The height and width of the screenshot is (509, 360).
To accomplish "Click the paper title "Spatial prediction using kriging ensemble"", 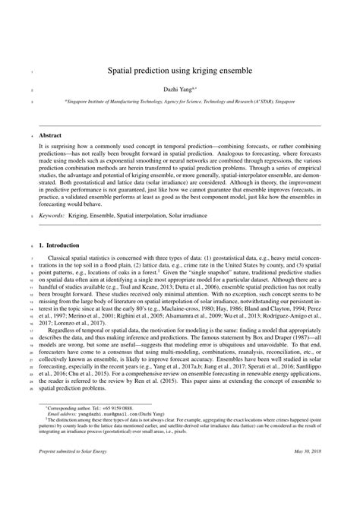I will [x=179, y=70].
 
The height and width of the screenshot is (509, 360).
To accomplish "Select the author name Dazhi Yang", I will [x=177, y=90].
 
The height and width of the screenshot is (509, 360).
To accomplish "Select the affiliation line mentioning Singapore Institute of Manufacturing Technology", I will [x=179, y=100].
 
